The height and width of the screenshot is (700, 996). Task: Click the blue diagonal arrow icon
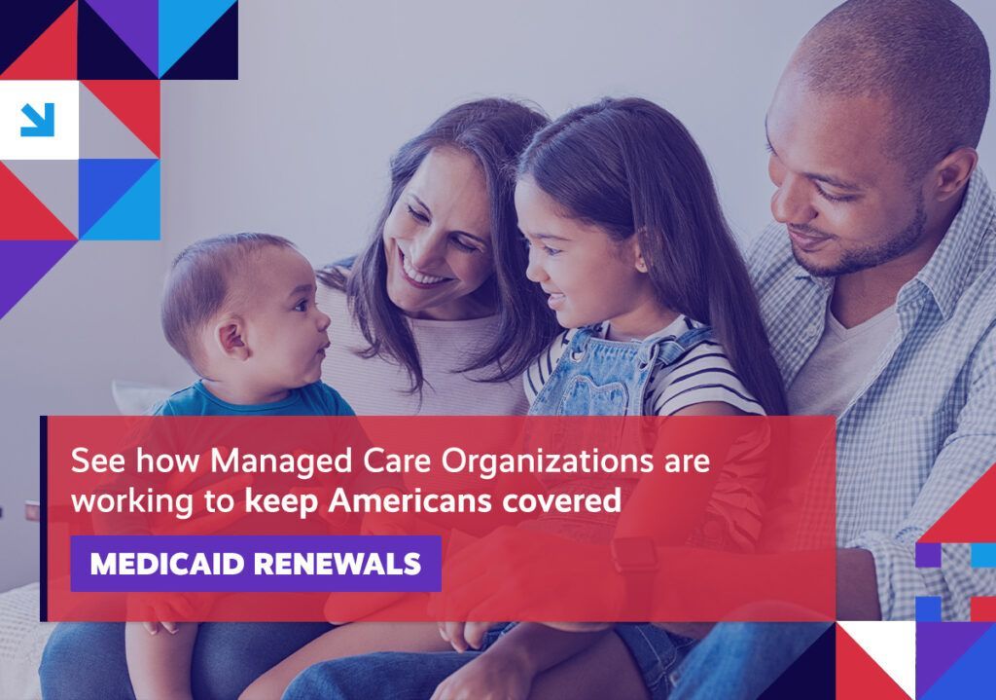tap(38, 120)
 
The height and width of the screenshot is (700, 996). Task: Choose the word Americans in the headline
tap(410, 501)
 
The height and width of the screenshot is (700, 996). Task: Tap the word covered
tap(561, 501)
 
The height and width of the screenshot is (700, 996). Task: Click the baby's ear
tap(232, 338)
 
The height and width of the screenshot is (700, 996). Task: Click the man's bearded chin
tap(826, 265)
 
